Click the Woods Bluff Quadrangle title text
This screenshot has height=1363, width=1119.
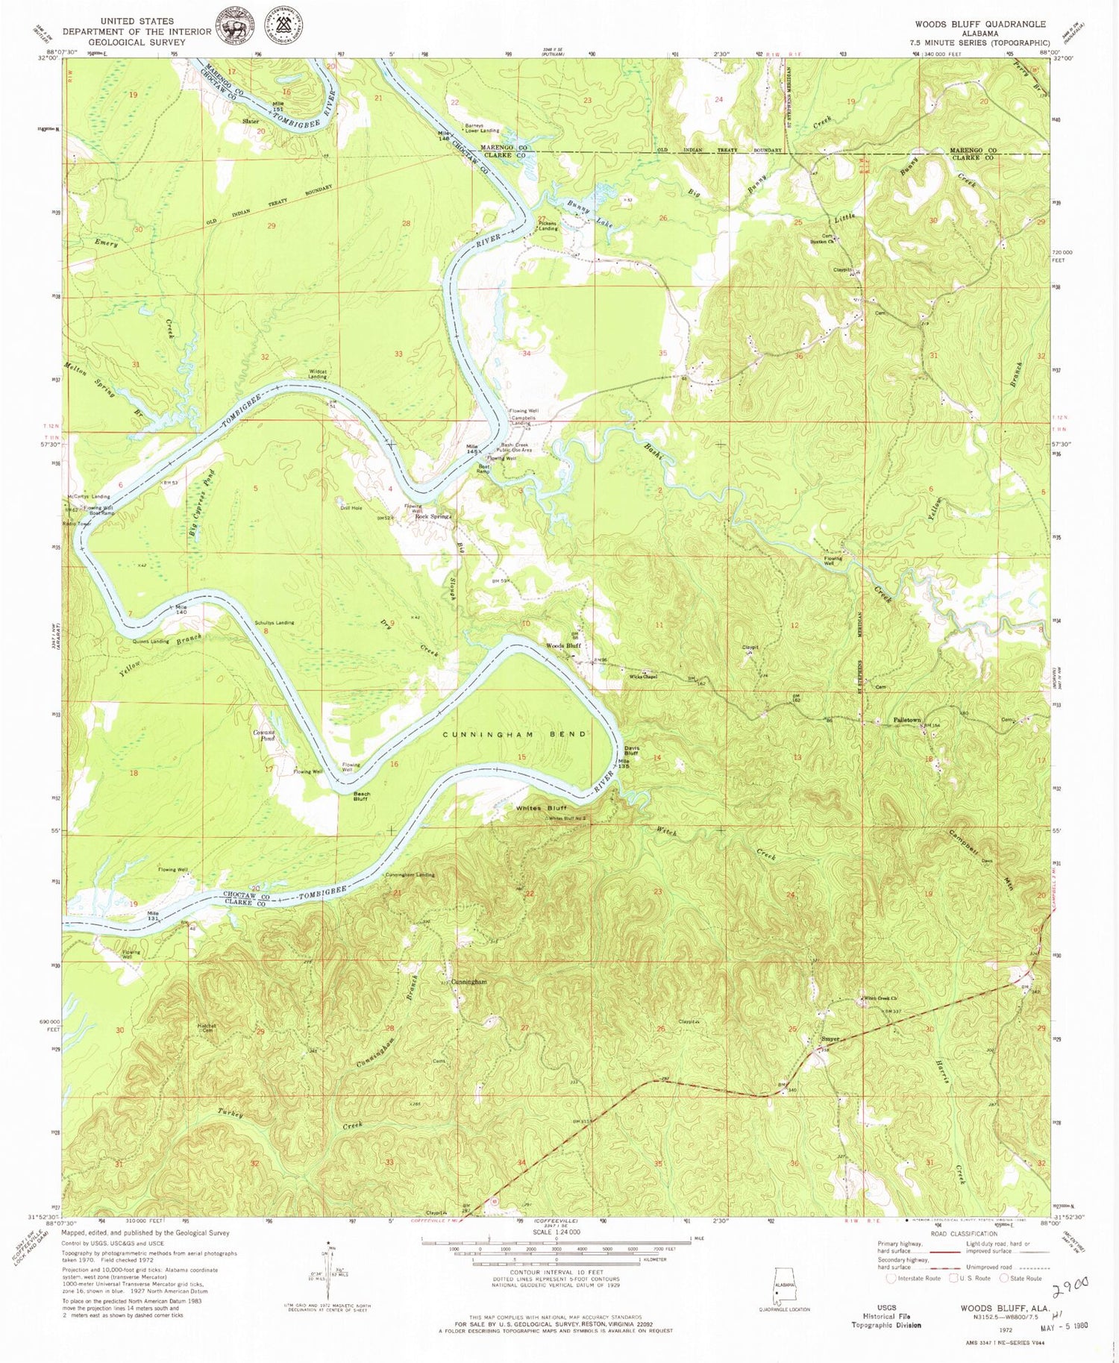click(x=980, y=24)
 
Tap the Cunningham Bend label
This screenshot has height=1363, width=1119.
click(x=515, y=734)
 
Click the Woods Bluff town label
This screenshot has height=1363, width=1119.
click(x=563, y=645)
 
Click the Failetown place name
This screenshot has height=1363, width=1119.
click(x=909, y=720)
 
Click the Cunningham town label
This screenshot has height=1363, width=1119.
click(x=468, y=982)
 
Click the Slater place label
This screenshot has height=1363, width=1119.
click(x=250, y=121)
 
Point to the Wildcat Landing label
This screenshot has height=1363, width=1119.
click(x=317, y=375)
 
